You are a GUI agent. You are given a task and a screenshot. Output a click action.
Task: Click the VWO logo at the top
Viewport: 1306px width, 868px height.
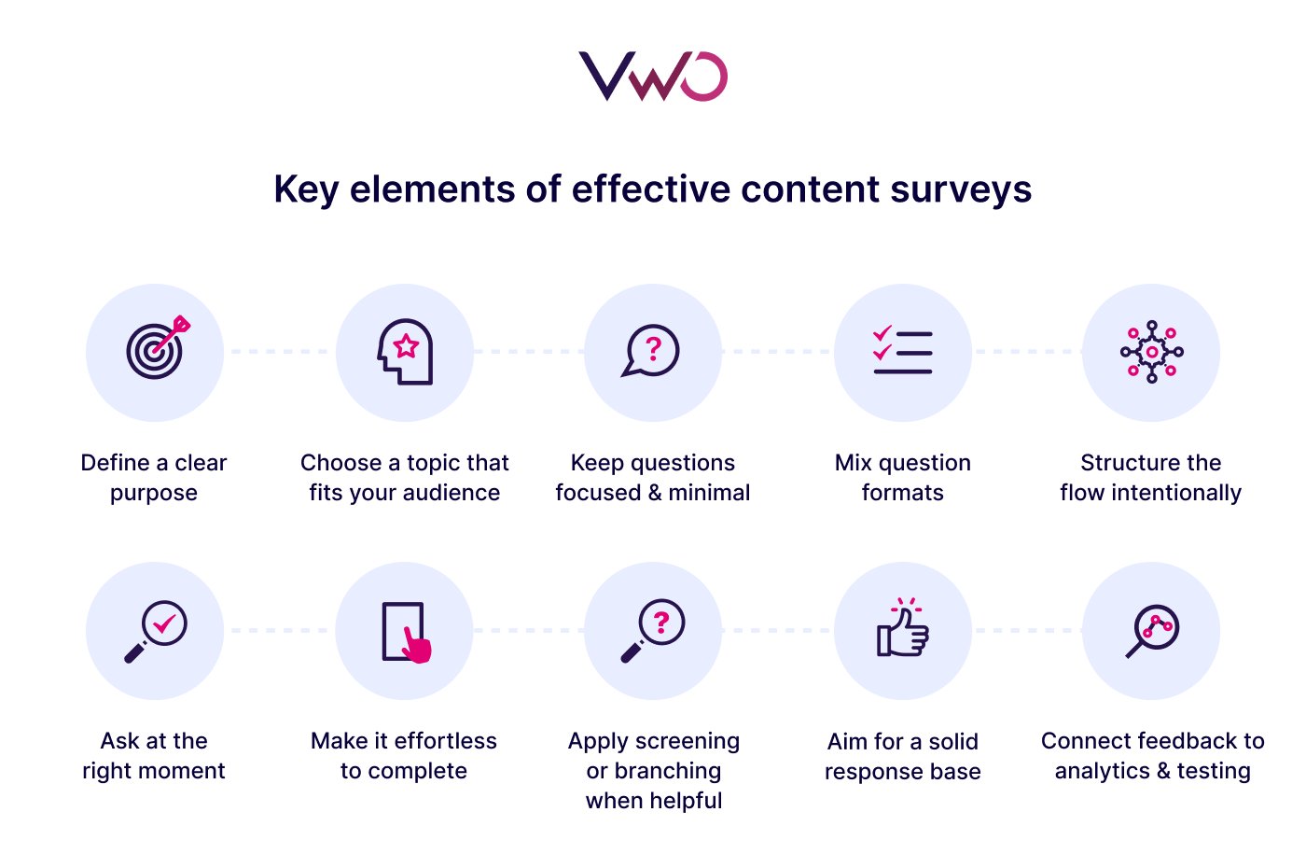coord(652,77)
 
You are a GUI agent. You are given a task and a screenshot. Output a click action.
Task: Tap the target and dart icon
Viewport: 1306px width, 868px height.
coord(156,350)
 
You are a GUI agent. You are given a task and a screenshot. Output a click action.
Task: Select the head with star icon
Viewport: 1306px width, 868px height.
coord(406,352)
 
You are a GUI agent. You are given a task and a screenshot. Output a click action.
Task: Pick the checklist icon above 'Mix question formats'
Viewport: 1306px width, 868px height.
coord(902,352)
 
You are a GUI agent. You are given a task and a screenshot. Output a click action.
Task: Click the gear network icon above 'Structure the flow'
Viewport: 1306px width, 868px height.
coord(1152,352)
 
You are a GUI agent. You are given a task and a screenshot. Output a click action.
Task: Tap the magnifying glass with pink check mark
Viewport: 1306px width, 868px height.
coord(157,630)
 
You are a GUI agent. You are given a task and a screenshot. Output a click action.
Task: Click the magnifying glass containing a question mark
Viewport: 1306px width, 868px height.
coord(653,630)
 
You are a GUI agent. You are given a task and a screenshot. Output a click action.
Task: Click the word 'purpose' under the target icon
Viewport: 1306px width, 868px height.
coord(154,494)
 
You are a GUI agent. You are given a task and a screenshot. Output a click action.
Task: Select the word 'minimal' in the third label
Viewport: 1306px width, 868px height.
coord(709,493)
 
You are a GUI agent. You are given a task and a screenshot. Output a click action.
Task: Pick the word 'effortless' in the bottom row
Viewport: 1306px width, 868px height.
coord(445,741)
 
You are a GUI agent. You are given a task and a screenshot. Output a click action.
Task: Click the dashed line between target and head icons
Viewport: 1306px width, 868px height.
coord(280,352)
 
